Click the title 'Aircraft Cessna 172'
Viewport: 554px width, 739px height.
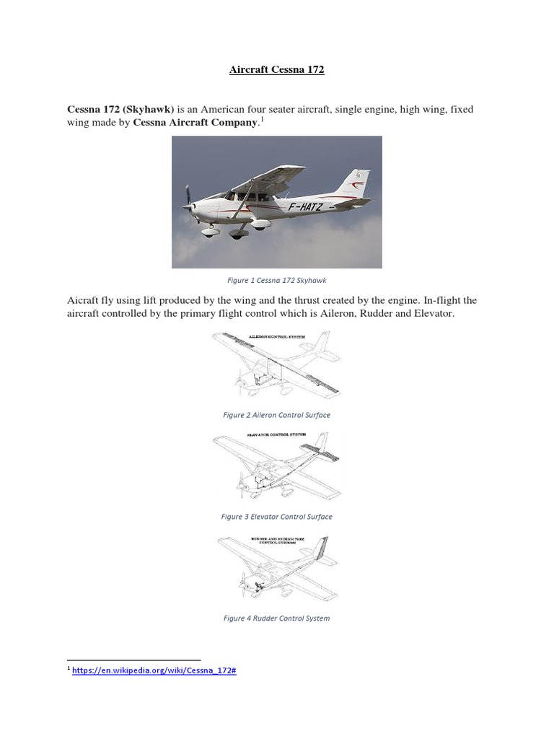click(x=277, y=70)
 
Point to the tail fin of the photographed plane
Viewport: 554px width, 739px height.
click(x=356, y=181)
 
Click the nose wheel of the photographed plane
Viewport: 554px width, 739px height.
click(x=211, y=232)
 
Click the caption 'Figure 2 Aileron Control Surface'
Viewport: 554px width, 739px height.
click(x=277, y=415)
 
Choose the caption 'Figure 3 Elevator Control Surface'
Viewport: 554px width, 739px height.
click(x=277, y=517)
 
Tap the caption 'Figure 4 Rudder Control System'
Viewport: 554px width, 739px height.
click(x=277, y=618)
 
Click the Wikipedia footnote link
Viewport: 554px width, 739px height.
click(x=154, y=670)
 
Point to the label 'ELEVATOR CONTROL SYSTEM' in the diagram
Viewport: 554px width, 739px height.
click(x=277, y=435)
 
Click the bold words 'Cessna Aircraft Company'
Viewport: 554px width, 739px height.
click(x=195, y=123)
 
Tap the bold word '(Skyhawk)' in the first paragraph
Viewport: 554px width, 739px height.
click(x=148, y=108)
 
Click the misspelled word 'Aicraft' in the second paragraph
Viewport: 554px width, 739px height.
click(x=85, y=300)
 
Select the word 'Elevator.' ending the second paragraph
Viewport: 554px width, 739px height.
click(x=432, y=315)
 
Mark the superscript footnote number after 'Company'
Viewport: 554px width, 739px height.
click(x=262, y=120)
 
